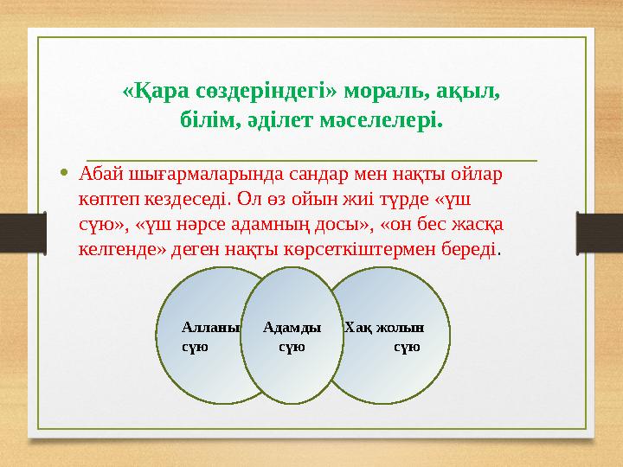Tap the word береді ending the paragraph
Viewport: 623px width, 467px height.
[x=475, y=249]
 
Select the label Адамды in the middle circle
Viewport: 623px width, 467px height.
[x=292, y=328]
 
